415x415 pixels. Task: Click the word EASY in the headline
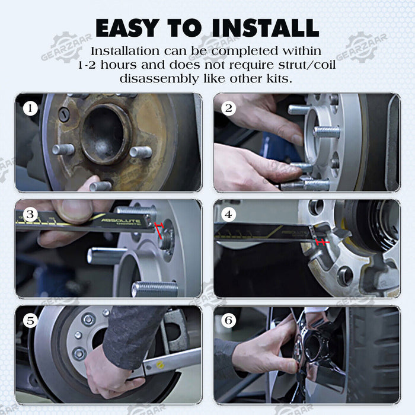[126, 28]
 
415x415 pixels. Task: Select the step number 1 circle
[30, 108]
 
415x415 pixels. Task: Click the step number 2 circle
[228, 108]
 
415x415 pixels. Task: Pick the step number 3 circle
[30, 215]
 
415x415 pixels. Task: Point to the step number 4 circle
[228, 215]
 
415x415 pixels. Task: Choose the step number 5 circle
[30, 321]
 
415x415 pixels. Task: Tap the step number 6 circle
[228, 321]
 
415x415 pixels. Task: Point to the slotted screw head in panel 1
[64, 114]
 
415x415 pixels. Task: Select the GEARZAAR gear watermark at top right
[361, 47]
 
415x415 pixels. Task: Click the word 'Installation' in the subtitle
[125, 51]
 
